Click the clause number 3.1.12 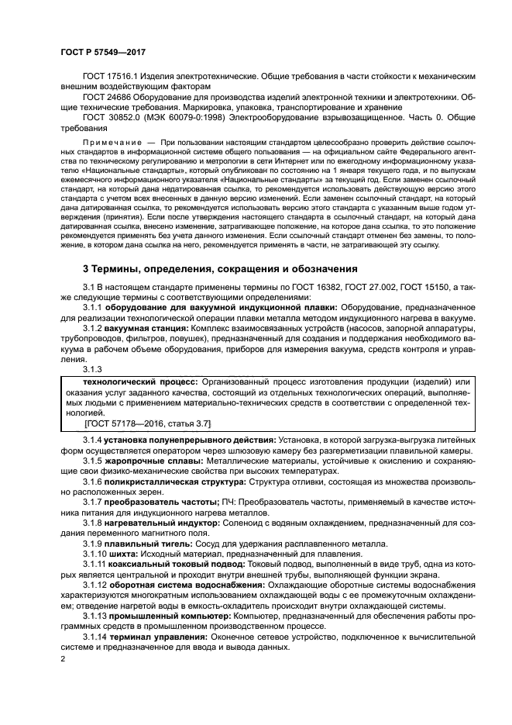tap(94, 585)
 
